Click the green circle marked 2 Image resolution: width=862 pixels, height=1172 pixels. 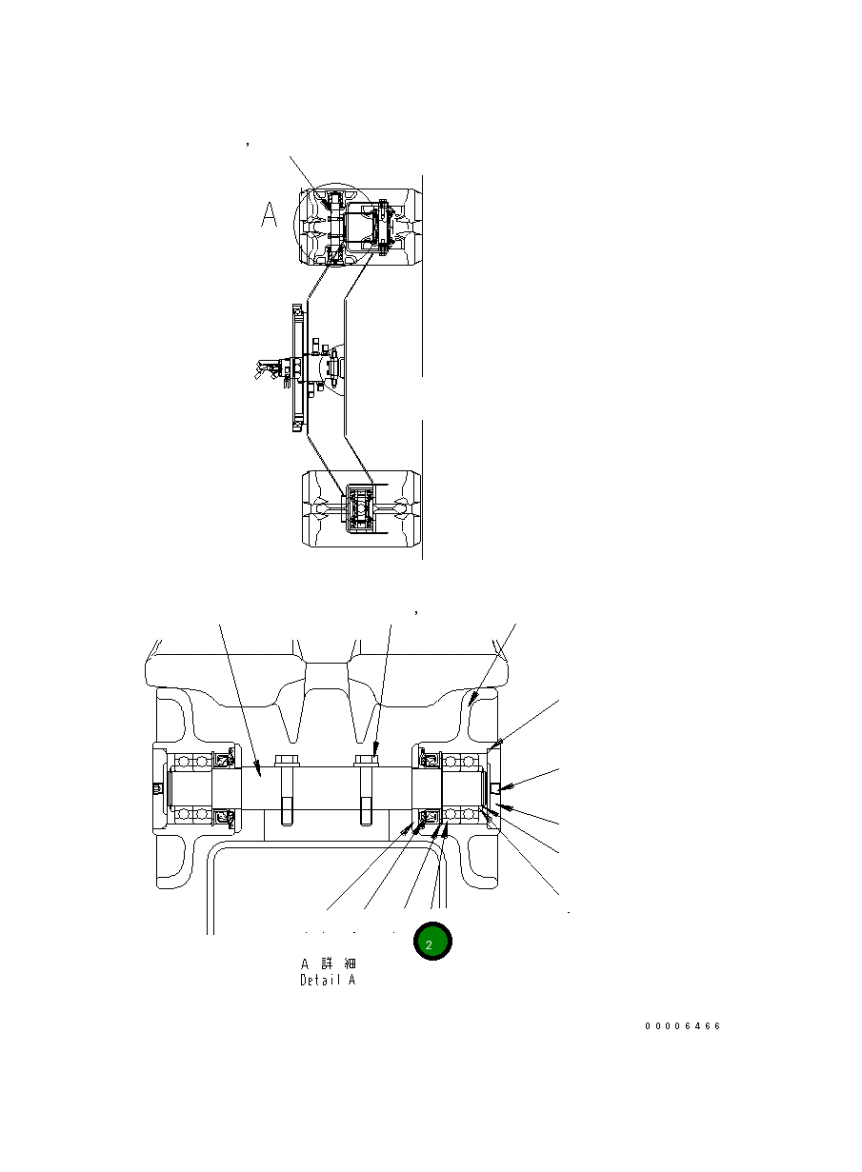coord(431,942)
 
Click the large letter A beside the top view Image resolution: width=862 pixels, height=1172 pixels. coord(270,216)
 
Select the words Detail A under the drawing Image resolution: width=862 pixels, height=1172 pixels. coord(328,980)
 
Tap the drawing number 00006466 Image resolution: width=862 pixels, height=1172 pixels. coord(682,1026)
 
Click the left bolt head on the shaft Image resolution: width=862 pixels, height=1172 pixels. coord(286,761)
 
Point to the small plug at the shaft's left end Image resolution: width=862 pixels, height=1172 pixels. coord(157,789)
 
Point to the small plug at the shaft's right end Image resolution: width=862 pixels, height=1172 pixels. coord(495,788)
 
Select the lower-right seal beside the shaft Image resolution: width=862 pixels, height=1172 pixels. coord(430,817)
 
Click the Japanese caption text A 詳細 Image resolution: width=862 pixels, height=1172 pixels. coord(329,963)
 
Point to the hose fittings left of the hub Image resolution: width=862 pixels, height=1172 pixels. coord(267,369)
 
